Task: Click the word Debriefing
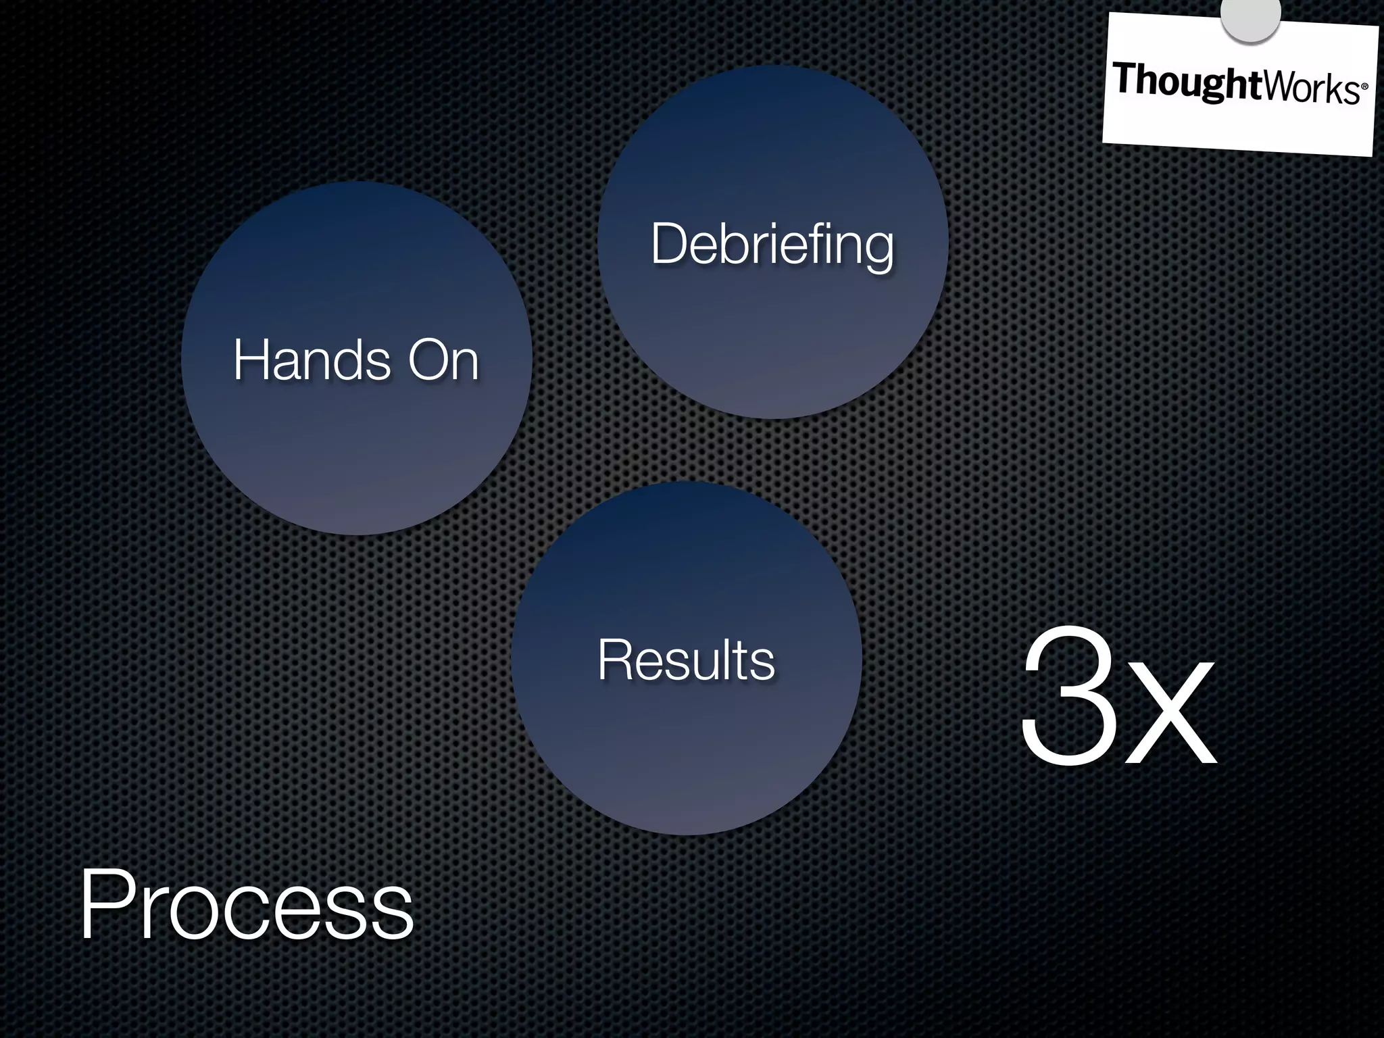click(x=772, y=245)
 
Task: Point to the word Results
click(x=686, y=660)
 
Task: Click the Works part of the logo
click(x=1311, y=89)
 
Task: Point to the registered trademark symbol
click(x=1364, y=87)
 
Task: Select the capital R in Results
click(x=614, y=660)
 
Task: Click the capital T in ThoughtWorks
click(x=1125, y=78)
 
